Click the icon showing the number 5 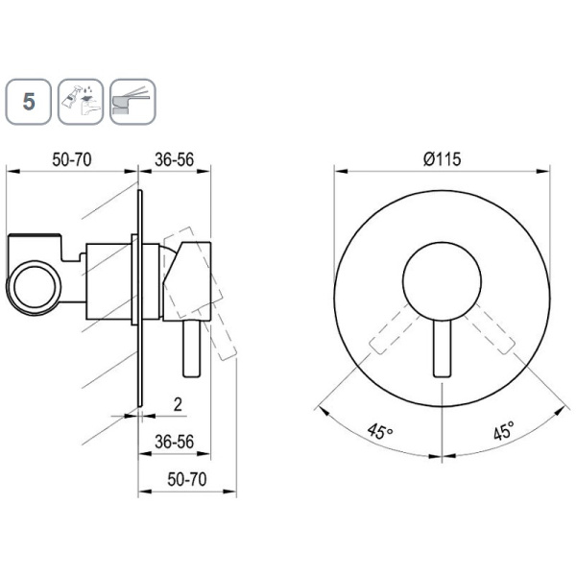[x=28, y=102]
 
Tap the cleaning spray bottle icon [x=81, y=102]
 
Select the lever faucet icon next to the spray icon [x=132, y=102]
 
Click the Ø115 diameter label [x=442, y=159]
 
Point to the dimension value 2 [x=178, y=404]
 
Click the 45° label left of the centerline [x=380, y=431]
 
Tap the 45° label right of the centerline [x=504, y=430]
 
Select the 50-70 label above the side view [x=72, y=159]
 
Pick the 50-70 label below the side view [x=187, y=479]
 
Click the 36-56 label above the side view [x=174, y=159]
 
